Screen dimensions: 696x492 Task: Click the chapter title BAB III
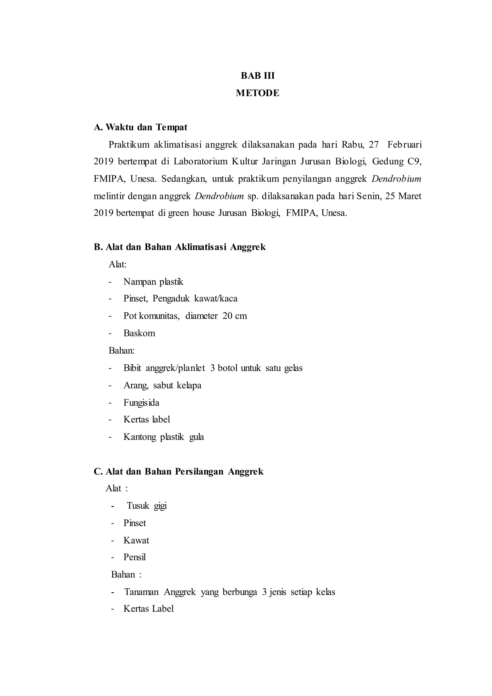click(258, 75)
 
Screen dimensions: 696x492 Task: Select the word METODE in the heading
click(258, 93)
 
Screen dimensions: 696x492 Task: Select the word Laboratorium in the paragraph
click(200, 162)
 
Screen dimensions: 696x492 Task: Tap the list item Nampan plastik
click(153, 282)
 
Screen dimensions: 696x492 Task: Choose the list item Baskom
click(139, 333)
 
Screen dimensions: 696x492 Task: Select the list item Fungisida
click(141, 403)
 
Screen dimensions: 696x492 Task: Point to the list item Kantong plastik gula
click(164, 437)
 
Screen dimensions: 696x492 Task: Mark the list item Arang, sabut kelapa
click(162, 385)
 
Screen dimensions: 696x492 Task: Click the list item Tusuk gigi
click(147, 506)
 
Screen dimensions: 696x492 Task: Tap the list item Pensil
click(135, 557)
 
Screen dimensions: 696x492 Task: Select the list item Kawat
click(136, 540)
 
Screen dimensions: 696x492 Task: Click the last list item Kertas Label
click(148, 609)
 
